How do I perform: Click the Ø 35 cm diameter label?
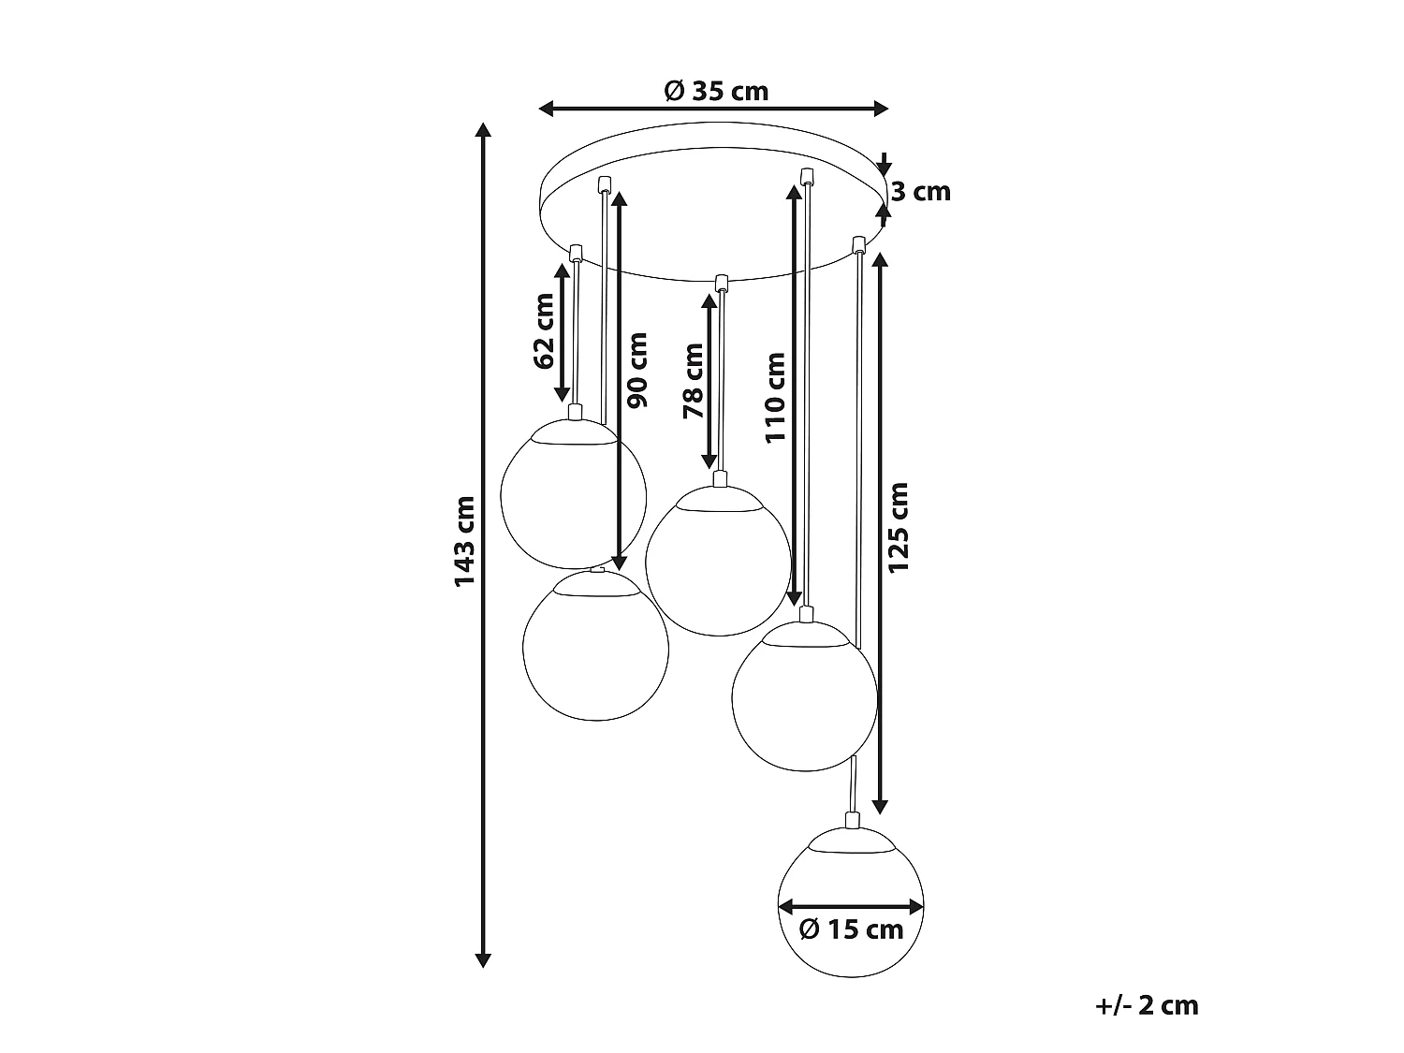tap(716, 92)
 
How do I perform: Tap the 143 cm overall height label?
tap(465, 541)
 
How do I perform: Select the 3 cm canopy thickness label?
tap(921, 192)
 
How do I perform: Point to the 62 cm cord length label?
tap(544, 331)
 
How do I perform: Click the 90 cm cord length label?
tap(637, 370)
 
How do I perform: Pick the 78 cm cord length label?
tap(693, 381)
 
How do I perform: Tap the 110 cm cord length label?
tap(775, 398)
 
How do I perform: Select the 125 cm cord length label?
tap(898, 528)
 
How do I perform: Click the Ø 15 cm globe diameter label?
tap(852, 929)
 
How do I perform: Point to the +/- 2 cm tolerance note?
tap(1147, 1005)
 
